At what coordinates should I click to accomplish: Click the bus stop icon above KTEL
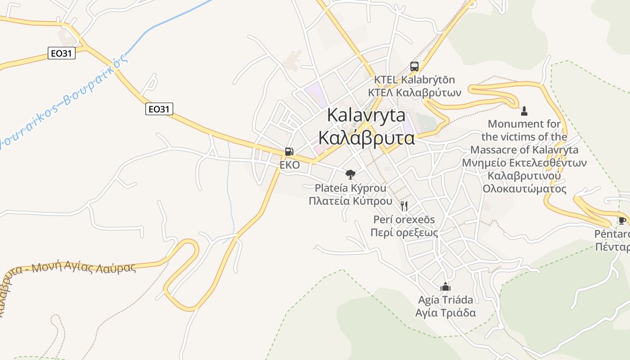click(x=414, y=67)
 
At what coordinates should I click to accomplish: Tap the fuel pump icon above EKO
click(x=289, y=152)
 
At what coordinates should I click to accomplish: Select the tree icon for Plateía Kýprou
click(x=350, y=174)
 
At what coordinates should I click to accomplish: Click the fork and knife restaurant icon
click(x=404, y=206)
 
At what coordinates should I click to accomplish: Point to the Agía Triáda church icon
click(x=445, y=286)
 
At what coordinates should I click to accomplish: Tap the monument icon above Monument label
click(x=524, y=111)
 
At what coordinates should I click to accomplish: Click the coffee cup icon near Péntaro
click(x=622, y=220)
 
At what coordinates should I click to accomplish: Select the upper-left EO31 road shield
click(x=62, y=54)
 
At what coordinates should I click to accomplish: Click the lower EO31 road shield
click(x=159, y=108)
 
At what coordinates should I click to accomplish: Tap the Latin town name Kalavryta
click(x=366, y=115)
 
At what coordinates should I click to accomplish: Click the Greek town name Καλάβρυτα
click(x=366, y=138)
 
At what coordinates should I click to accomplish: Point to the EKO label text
click(x=289, y=165)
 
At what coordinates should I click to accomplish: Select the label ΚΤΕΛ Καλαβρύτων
click(x=414, y=93)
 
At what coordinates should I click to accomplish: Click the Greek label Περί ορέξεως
click(x=404, y=233)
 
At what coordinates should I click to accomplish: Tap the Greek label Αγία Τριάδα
click(x=445, y=313)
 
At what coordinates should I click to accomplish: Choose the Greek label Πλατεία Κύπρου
click(x=350, y=201)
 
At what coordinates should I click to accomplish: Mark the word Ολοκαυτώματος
click(x=524, y=189)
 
